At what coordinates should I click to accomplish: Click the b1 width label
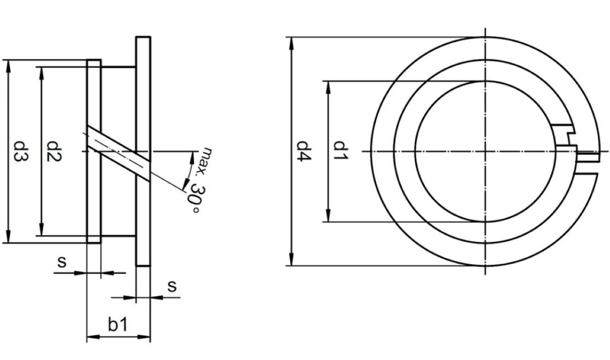pyautogui.click(x=118, y=325)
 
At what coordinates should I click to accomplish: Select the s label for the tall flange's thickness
pyautogui.click(x=172, y=286)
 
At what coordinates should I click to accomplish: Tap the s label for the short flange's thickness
pyautogui.click(x=62, y=261)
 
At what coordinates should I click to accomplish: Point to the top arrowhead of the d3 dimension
pyautogui.click(x=9, y=64)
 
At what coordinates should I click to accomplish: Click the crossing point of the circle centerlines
pyautogui.click(x=485, y=151)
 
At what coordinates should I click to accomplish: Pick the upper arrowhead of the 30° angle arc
pyautogui.click(x=192, y=157)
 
